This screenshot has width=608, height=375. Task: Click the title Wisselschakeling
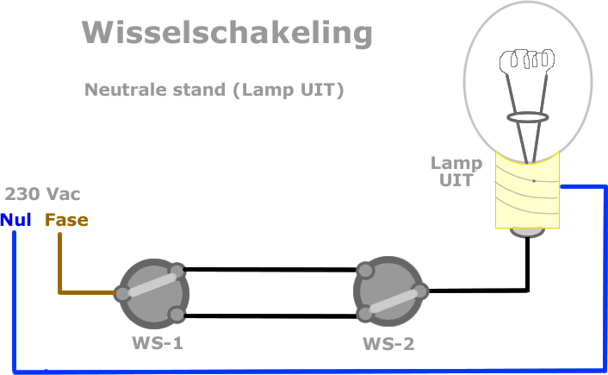click(x=227, y=33)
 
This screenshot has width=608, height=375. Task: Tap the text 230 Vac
click(x=43, y=194)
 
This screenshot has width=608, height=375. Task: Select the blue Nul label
click(x=16, y=220)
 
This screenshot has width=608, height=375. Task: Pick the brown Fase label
click(x=66, y=220)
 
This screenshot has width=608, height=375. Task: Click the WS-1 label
click(x=157, y=343)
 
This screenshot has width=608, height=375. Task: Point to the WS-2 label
click(x=388, y=344)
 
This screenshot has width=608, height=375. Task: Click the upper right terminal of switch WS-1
click(x=177, y=272)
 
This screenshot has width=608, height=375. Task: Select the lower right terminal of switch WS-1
click(x=177, y=314)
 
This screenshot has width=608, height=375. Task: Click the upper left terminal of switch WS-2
click(x=366, y=272)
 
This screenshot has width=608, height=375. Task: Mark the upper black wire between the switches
click(x=271, y=270)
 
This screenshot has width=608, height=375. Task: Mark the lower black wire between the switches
click(x=271, y=316)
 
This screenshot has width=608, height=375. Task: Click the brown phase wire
click(x=59, y=267)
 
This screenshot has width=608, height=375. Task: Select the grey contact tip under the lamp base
click(x=527, y=231)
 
